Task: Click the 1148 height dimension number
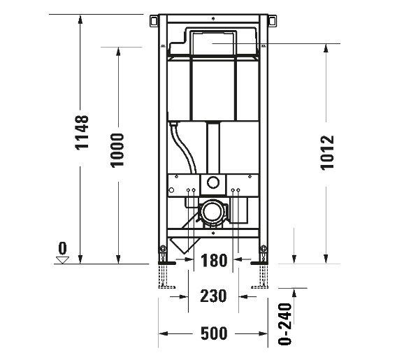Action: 82,133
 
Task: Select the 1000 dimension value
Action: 117,150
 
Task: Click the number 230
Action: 213,296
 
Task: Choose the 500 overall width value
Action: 213,333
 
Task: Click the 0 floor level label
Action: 63,248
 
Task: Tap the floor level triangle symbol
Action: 63,259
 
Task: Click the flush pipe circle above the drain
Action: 213,185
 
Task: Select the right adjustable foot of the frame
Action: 264,273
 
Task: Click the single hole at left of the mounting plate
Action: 172,189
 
